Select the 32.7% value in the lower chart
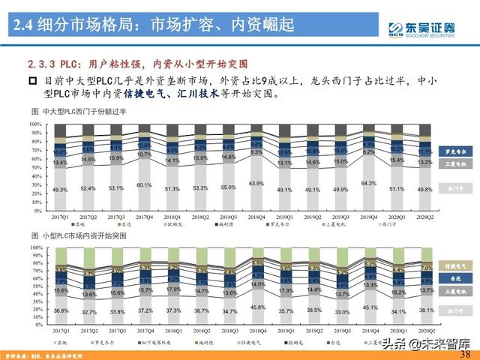point(88,312)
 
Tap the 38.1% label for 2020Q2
point(426,310)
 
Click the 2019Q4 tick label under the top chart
point(369,218)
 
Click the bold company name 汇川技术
point(196,95)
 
